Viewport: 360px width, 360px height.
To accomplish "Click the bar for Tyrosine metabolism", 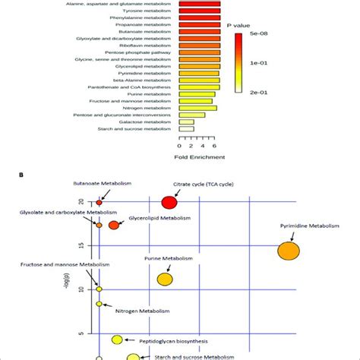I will click(x=200, y=14).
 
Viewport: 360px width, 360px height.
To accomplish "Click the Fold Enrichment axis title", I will click(x=200, y=157).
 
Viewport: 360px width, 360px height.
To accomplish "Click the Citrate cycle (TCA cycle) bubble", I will click(x=169, y=202).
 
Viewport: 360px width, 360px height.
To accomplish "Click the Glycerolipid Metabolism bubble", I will click(x=114, y=225).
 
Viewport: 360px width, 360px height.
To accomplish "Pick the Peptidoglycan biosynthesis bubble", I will click(x=117, y=339).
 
